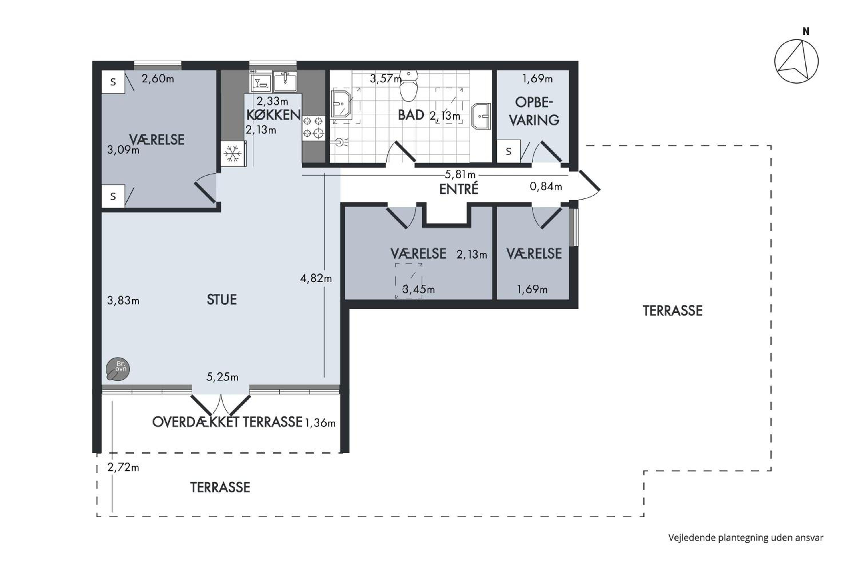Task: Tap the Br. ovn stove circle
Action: pos(118,369)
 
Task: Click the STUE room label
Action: pos(222,300)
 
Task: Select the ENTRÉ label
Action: pos(458,189)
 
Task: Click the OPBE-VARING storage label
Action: pos(534,111)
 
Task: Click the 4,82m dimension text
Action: pos(316,278)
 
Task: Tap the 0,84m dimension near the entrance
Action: pos(546,186)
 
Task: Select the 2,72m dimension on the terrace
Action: pos(123,467)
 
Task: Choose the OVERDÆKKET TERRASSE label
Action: pos(227,422)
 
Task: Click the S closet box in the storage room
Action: pos(509,151)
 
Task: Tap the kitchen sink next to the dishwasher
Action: pos(285,81)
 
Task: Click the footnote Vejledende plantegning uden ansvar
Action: pos(746,537)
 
